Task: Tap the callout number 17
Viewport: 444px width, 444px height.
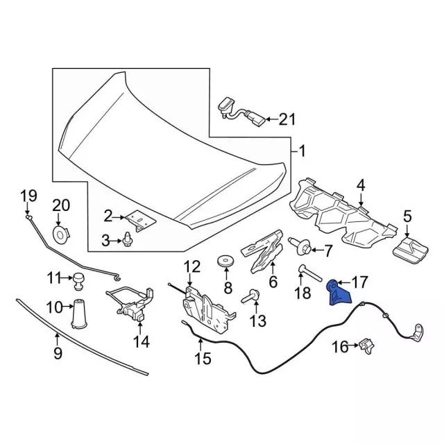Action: pos(360,282)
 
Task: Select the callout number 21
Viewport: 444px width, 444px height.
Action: pos(287,119)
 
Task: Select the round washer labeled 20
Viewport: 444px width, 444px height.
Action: pos(62,233)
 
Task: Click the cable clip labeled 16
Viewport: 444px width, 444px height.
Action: pos(366,344)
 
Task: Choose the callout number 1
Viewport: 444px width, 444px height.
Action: pos(301,150)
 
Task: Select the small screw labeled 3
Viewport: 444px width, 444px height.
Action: pos(128,240)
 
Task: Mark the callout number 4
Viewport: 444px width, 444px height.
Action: pos(360,185)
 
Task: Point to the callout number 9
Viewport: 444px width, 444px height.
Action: pos(58,354)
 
